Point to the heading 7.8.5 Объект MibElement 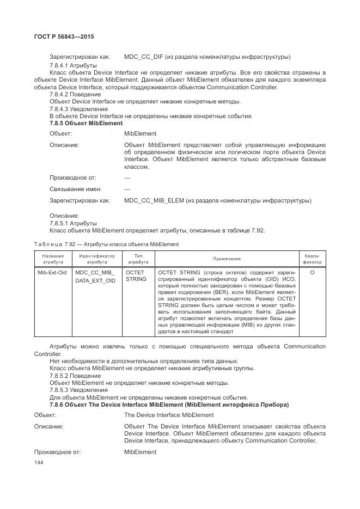[86, 124]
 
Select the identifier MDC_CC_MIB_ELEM [154, 201]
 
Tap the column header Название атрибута [52, 258]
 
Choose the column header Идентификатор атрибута [96, 258]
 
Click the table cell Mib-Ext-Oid [52, 272]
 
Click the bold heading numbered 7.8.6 [169, 404]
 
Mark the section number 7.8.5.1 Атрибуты [73, 223]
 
